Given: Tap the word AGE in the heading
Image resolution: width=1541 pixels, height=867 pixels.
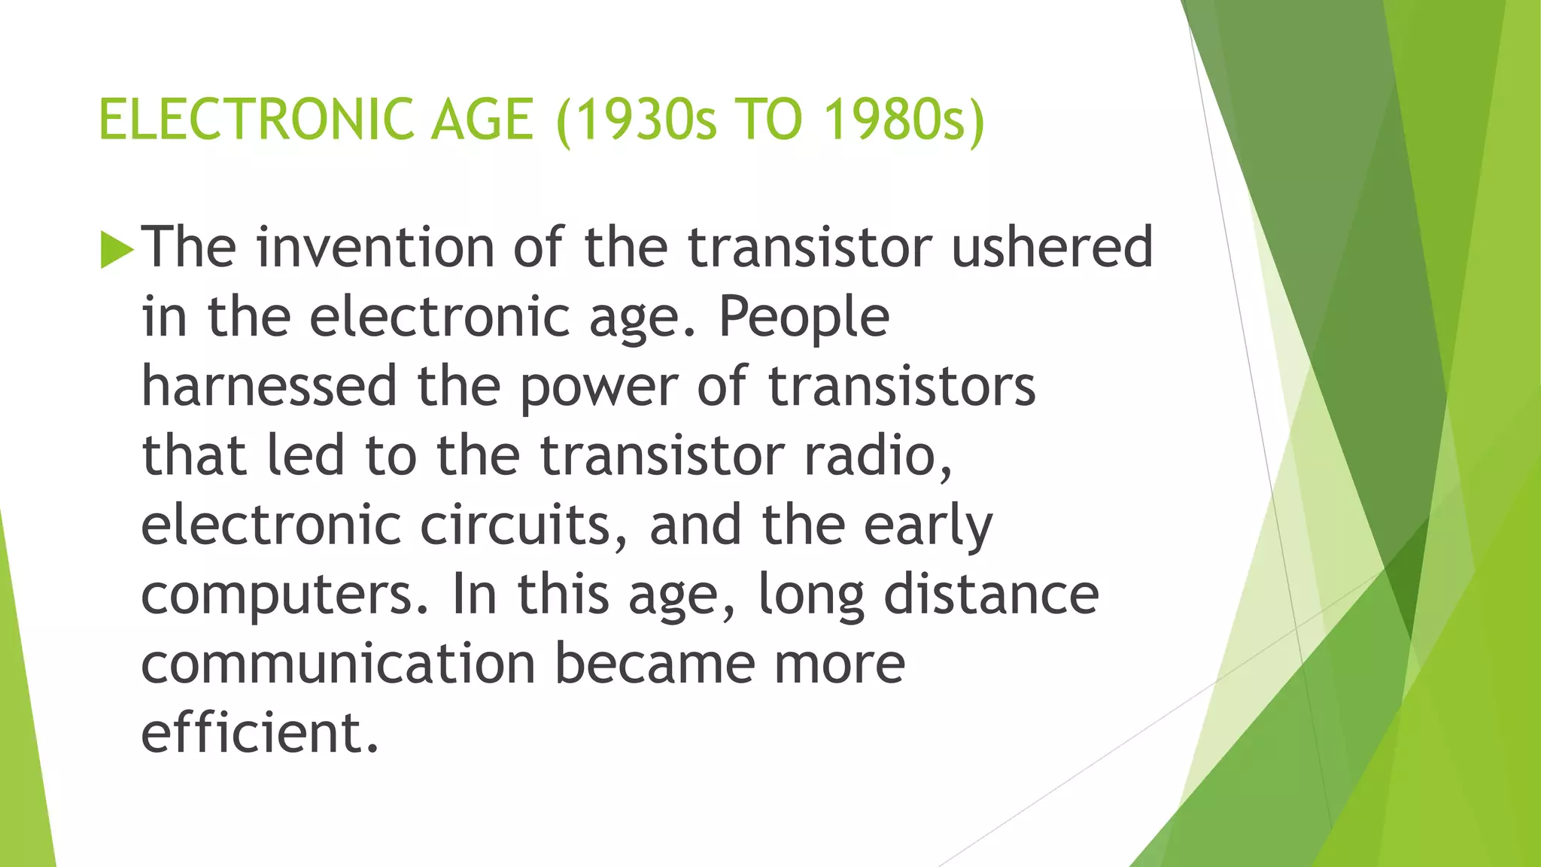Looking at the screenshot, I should [x=482, y=120].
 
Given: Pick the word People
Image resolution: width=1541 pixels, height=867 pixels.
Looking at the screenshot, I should [x=804, y=318].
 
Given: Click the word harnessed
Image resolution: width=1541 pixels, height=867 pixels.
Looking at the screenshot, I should [x=269, y=386].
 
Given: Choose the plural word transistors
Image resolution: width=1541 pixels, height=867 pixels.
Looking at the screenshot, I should [x=901, y=386].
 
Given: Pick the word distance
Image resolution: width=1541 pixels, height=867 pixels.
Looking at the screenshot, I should [x=991, y=595].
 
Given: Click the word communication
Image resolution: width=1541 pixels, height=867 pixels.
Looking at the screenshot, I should [x=338, y=664].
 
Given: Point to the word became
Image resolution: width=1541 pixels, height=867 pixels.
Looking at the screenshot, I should [x=655, y=664].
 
